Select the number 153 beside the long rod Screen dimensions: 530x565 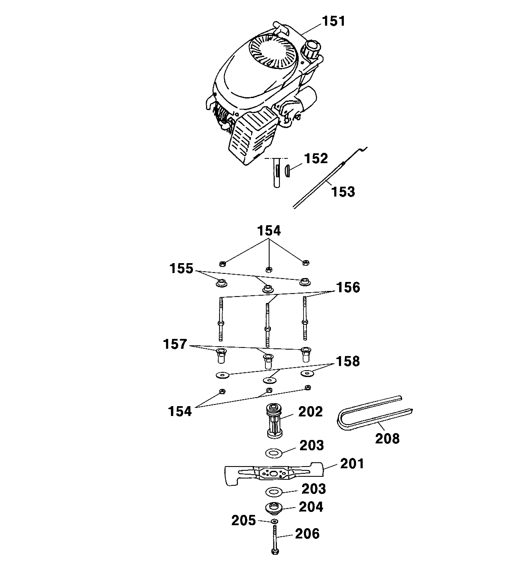point(343,192)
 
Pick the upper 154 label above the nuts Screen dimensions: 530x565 point(269,231)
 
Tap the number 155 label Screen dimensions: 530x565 point(181,268)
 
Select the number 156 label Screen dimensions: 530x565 point(348,287)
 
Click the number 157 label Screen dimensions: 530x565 point(175,344)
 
